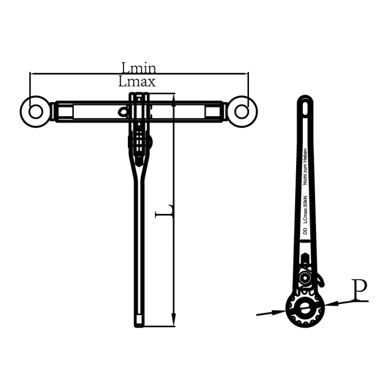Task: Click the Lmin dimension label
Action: (138, 68)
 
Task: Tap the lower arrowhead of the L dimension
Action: (174, 322)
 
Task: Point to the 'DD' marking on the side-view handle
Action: (305, 232)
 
